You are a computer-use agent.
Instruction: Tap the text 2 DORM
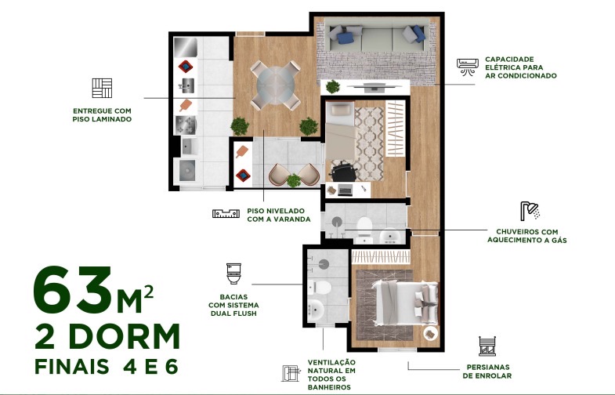click(x=108, y=336)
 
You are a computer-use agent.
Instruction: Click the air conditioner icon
click(x=468, y=66)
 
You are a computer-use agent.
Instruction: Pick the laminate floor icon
click(x=101, y=89)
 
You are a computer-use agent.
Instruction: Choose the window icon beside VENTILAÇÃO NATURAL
click(x=293, y=373)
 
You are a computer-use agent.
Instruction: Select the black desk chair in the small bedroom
click(x=342, y=170)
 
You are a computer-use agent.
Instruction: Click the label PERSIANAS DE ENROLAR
click(x=487, y=371)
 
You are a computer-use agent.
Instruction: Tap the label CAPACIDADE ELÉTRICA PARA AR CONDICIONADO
click(x=520, y=67)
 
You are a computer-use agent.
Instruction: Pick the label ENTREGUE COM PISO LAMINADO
click(x=101, y=115)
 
